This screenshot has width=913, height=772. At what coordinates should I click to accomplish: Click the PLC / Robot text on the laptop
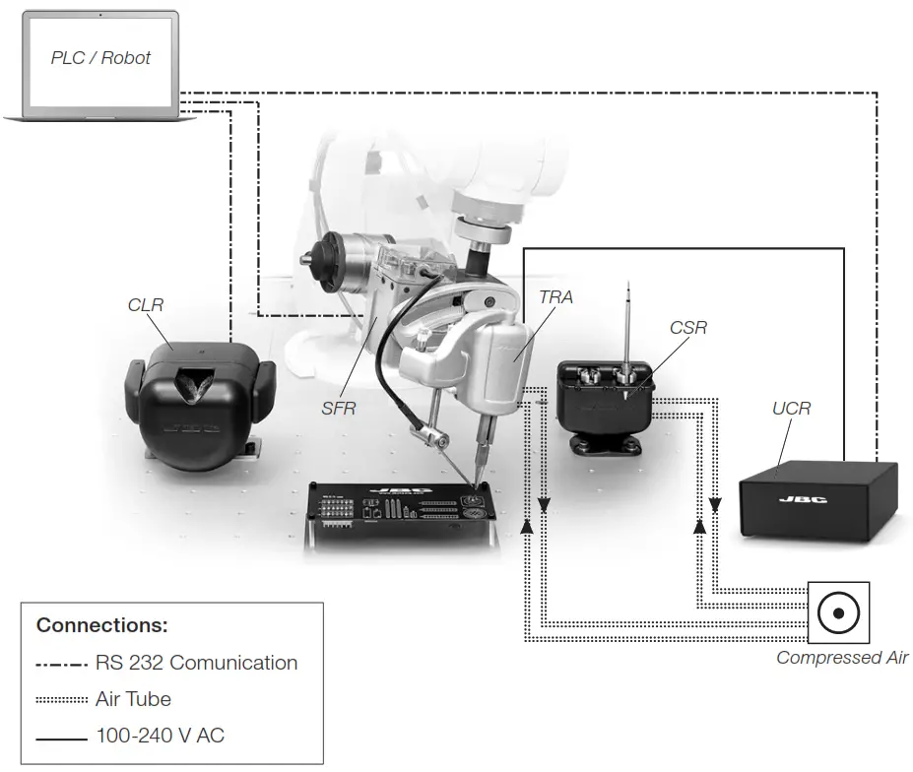click(100, 58)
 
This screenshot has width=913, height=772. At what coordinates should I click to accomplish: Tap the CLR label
click(146, 305)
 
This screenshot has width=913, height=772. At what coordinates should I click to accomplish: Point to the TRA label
click(555, 296)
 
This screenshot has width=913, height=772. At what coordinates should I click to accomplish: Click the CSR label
click(687, 327)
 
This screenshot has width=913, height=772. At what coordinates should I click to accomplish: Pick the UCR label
click(792, 407)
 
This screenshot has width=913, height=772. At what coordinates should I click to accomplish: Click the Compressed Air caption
click(842, 658)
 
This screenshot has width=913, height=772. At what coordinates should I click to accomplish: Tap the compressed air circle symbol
click(838, 612)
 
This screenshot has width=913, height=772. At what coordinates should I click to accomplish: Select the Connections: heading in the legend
click(102, 625)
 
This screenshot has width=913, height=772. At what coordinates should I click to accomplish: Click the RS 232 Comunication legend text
click(196, 663)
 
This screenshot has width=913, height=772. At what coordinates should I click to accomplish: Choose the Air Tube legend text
click(133, 699)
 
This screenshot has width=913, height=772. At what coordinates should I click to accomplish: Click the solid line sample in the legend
click(62, 736)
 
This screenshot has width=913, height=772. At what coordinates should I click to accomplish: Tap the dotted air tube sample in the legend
click(62, 699)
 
